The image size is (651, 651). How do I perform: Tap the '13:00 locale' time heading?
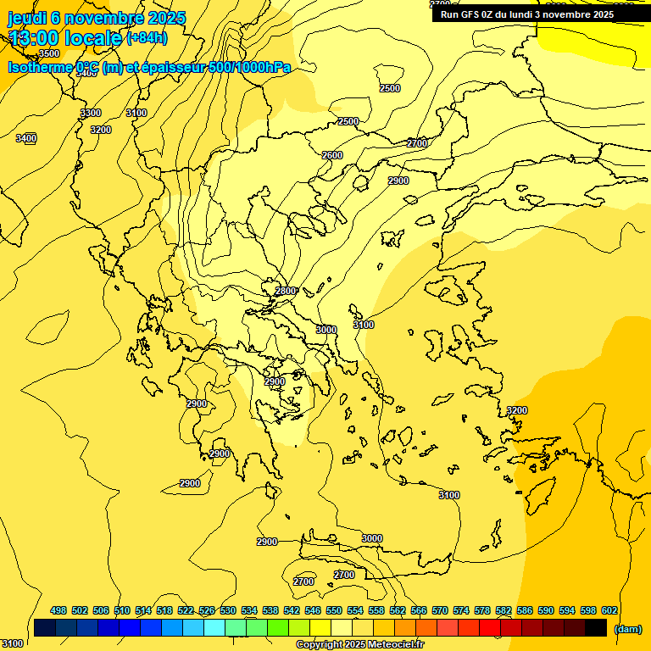pyautogui.click(x=65, y=37)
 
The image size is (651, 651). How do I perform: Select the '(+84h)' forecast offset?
pyautogui.click(x=147, y=37)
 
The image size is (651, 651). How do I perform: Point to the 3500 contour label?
pyautogui.click(x=49, y=53)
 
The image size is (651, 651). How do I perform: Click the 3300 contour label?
pyautogui.click(x=91, y=113)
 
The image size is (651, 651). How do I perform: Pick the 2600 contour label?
pyautogui.click(x=332, y=155)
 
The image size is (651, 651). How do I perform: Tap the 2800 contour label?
pyautogui.click(x=286, y=291)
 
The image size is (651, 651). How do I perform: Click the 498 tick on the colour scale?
pyautogui.click(x=58, y=610)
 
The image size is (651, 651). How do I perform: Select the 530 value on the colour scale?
pyautogui.click(x=228, y=610)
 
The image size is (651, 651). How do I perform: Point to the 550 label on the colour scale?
pyautogui.click(x=334, y=610)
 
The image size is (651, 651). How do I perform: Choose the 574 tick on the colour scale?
pyautogui.click(x=461, y=610)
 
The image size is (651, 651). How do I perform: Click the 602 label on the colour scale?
pyautogui.click(x=609, y=610)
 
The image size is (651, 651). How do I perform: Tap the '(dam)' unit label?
pyautogui.click(x=627, y=629)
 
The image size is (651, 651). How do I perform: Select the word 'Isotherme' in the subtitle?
pyautogui.click(x=39, y=68)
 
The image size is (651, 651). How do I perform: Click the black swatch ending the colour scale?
pyautogui.click(x=596, y=628)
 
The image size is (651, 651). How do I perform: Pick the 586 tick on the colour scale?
pyautogui.click(x=525, y=610)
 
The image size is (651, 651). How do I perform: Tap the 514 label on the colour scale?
pyautogui.click(x=143, y=610)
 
